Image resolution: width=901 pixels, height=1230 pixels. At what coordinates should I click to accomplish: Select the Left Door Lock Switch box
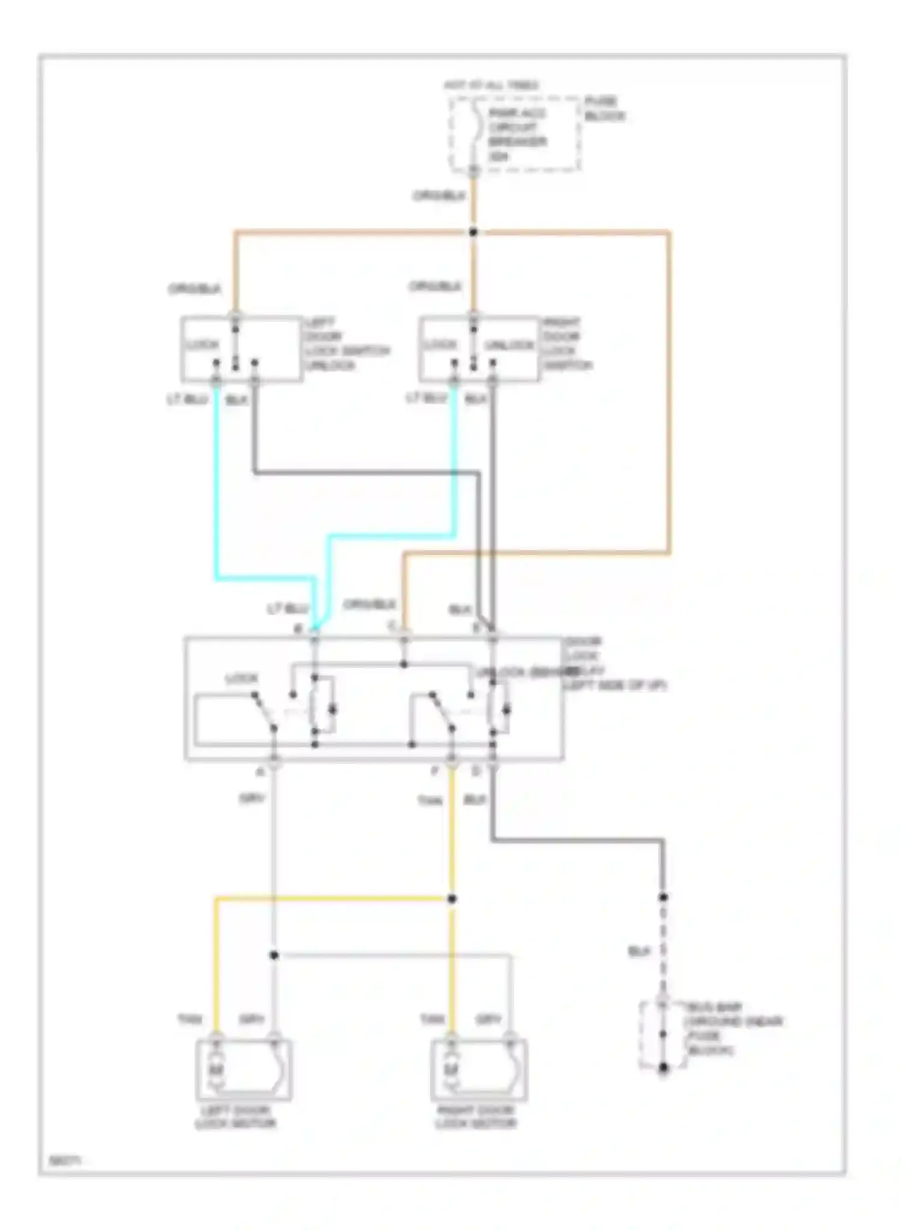point(241,349)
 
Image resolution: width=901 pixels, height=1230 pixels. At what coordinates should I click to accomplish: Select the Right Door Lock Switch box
point(479,349)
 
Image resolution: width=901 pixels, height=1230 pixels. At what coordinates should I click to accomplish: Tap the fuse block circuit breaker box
point(515,135)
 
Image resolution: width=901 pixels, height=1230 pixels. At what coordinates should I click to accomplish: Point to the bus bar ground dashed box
point(662,1035)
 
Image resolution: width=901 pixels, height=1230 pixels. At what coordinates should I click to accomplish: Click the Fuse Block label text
point(604,109)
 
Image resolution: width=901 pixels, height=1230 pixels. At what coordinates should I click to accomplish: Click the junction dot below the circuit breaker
point(473,232)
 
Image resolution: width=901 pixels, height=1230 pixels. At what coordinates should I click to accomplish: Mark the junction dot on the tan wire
point(452,898)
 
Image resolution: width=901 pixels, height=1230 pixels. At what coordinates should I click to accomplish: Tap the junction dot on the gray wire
point(274,955)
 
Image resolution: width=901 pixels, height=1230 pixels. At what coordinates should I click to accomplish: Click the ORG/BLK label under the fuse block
point(439,196)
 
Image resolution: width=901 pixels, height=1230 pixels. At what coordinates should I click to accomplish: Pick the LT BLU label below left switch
point(187,399)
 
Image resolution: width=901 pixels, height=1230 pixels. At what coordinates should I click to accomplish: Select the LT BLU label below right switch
point(426,398)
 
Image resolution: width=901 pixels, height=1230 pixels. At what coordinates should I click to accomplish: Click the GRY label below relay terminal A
point(252,799)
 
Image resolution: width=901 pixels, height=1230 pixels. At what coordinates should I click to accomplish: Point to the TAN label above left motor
point(189,1019)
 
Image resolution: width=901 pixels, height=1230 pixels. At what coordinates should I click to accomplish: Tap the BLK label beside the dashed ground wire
point(639,951)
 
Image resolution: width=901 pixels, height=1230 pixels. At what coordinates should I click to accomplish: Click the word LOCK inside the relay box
point(241,679)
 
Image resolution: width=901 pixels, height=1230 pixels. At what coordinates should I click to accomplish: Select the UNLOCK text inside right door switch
point(509,345)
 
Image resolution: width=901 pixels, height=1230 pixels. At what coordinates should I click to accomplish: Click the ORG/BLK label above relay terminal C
point(369,604)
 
